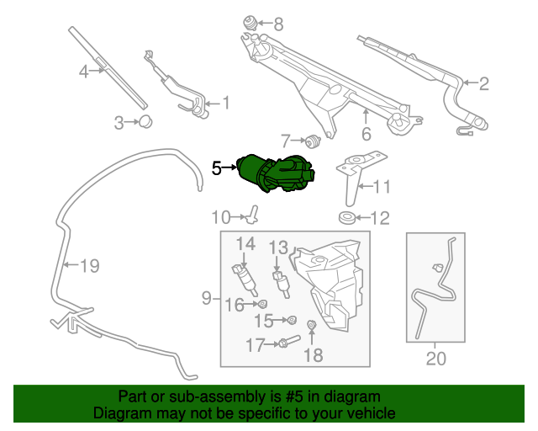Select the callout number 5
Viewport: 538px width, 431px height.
pos(217,168)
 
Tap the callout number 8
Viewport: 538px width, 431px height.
pos(278,24)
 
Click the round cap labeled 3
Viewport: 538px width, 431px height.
pos(145,122)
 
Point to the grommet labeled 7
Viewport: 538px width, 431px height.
pos(313,141)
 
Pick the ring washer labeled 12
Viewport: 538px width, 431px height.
pos(346,218)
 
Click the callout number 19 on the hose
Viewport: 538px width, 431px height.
pos(90,266)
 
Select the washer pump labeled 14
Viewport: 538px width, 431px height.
pos(244,280)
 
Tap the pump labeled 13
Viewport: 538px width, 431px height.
pos(282,284)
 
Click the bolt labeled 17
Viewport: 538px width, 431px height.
pos(290,341)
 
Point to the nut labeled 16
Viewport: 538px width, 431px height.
pos(262,304)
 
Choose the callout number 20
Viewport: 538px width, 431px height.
pos(435,359)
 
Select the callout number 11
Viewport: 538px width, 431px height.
pos(382,187)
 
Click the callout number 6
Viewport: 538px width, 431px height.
pos(367,134)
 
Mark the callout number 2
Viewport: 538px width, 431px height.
pos(483,84)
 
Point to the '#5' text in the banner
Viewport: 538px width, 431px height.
pos(294,397)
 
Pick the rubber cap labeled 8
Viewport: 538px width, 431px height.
pos(251,24)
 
